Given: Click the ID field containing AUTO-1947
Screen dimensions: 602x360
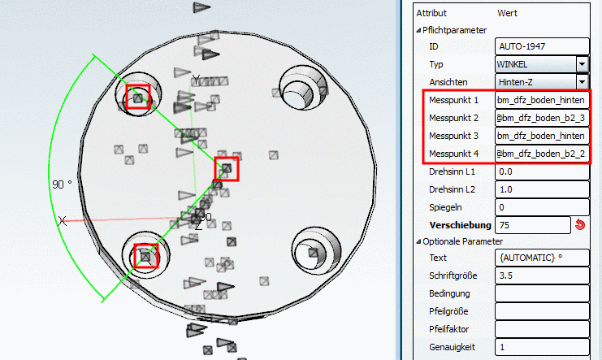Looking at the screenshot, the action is pyautogui.click(x=542, y=46).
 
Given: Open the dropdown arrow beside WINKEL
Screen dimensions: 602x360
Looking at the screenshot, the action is pyautogui.click(x=582, y=64).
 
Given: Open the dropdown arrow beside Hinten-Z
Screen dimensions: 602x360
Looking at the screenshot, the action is pyautogui.click(x=582, y=82).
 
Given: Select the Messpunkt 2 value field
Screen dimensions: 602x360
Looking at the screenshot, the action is pyautogui.click(x=542, y=118).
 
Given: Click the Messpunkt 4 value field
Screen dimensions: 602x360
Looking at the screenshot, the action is pyautogui.click(x=542, y=154).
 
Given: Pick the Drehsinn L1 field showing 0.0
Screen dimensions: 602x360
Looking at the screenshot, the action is pyautogui.click(x=542, y=171).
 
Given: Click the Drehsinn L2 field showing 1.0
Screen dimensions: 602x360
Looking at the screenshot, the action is pyautogui.click(x=542, y=189).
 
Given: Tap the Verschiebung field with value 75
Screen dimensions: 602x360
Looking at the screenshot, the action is pyautogui.click(x=532, y=225).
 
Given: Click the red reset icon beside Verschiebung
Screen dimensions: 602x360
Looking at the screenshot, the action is pyautogui.click(x=580, y=225).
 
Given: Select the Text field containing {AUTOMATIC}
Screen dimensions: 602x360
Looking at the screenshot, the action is pyautogui.click(x=542, y=258).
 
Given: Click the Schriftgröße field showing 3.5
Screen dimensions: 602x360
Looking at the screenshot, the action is pyautogui.click(x=542, y=275).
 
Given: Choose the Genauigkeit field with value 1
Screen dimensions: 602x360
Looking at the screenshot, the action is pyautogui.click(x=542, y=347).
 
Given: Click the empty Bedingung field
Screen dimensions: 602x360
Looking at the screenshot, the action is pyautogui.click(x=542, y=293).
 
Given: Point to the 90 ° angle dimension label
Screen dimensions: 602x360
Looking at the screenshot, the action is pyautogui.click(x=62, y=184).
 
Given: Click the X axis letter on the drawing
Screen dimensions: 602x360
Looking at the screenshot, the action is pyautogui.click(x=63, y=221).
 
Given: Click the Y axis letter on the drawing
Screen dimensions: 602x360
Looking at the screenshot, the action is pyautogui.click(x=196, y=80).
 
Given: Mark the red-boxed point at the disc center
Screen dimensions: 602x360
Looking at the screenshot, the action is pyautogui.click(x=227, y=169).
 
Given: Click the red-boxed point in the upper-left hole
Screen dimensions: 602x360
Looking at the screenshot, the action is pyautogui.click(x=138, y=98).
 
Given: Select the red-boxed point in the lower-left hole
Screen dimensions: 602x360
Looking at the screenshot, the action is pyautogui.click(x=146, y=255).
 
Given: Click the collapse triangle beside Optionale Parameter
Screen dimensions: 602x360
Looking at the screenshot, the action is pyautogui.click(x=418, y=241).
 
